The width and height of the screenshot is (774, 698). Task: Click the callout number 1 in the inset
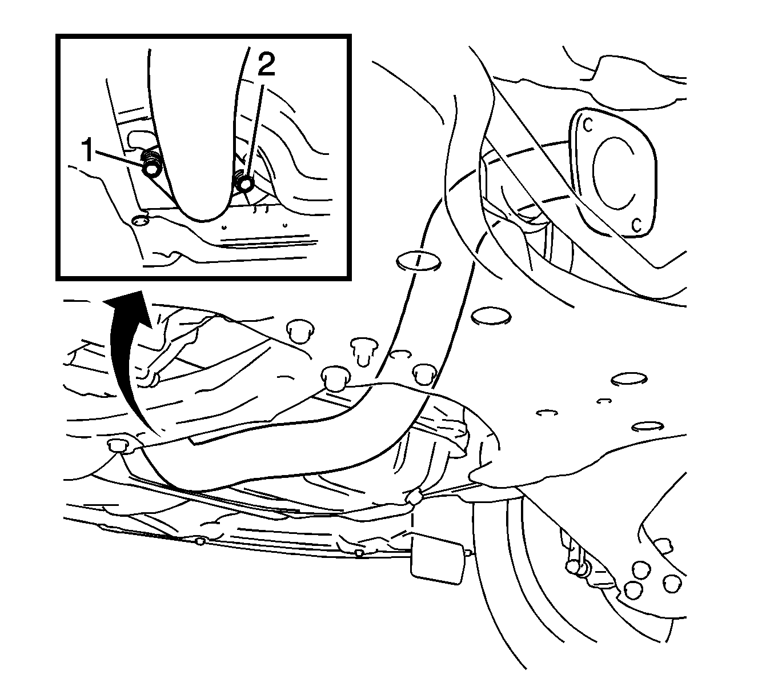tap(88, 151)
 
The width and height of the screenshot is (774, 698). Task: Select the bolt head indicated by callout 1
tap(151, 169)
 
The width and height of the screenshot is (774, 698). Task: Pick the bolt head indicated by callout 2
tap(246, 183)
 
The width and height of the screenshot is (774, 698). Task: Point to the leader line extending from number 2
tap(255, 133)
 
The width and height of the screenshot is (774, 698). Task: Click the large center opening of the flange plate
tap(614, 172)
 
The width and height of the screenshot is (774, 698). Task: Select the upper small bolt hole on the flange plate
tap(588, 125)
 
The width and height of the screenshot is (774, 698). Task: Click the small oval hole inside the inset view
tap(140, 221)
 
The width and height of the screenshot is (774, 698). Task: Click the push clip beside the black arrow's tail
tap(119, 445)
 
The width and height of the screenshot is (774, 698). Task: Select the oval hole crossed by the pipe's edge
tap(419, 260)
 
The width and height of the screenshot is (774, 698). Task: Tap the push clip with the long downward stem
tap(363, 352)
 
